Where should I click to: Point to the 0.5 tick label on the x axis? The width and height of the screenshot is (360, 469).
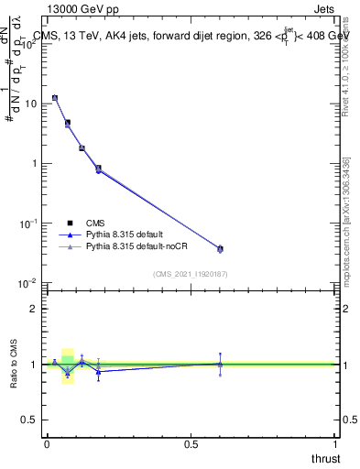(191, 443)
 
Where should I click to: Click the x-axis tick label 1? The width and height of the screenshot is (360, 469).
(335, 443)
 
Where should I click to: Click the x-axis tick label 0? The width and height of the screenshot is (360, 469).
(46, 443)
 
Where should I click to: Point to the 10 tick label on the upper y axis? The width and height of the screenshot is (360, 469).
(30, 104)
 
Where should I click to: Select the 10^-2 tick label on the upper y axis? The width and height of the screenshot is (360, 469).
(28, 283)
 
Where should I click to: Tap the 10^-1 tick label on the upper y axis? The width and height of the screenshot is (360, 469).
(28, 224)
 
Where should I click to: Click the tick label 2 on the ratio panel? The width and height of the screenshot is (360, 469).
(35, 309)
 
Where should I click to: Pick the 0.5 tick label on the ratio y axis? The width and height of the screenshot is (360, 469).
(30, 420)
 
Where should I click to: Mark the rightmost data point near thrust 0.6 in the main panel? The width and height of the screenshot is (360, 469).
(220, 248)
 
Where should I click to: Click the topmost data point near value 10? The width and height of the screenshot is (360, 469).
(54, 97)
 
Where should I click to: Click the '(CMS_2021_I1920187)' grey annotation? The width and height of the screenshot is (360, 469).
(190, 274)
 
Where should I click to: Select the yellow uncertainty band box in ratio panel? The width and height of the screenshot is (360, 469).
(68, 366)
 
